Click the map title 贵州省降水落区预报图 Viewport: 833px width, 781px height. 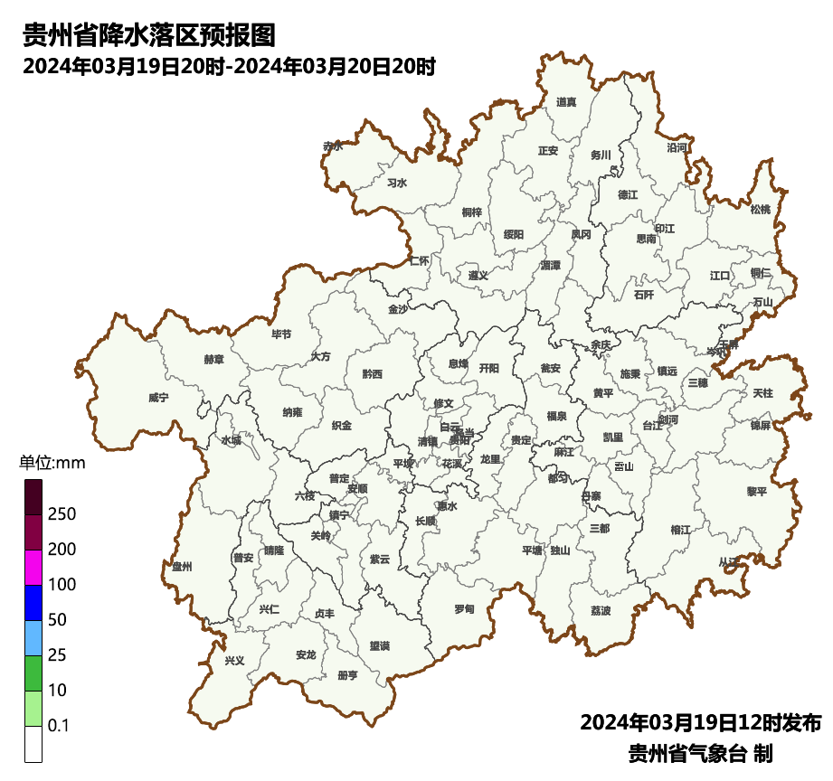coord(148,35)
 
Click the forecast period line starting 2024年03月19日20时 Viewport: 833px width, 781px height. coord(230,66)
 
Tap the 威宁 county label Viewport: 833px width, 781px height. coord(158,397)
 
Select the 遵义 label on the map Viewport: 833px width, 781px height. coord(478,275)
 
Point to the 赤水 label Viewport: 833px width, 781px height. coord(333,146)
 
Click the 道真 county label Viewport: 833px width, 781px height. coord(566,102)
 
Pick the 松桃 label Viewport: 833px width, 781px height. coord(761,210)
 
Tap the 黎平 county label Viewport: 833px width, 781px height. coord(756,492)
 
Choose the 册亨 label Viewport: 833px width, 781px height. coord(347,675)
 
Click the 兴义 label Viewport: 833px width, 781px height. coord(234,661)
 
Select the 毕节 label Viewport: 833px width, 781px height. coord(281,334)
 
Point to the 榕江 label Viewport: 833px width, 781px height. coord(680,529)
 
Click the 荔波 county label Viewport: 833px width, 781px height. coord(601,611)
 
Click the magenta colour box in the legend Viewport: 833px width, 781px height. coord(33,568)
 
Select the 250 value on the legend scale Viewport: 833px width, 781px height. coord(62,514)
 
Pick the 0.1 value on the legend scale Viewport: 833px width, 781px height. coord(59,726)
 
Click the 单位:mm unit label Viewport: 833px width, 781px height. coord(52,464)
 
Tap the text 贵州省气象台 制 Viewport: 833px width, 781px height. coord(700,753)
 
